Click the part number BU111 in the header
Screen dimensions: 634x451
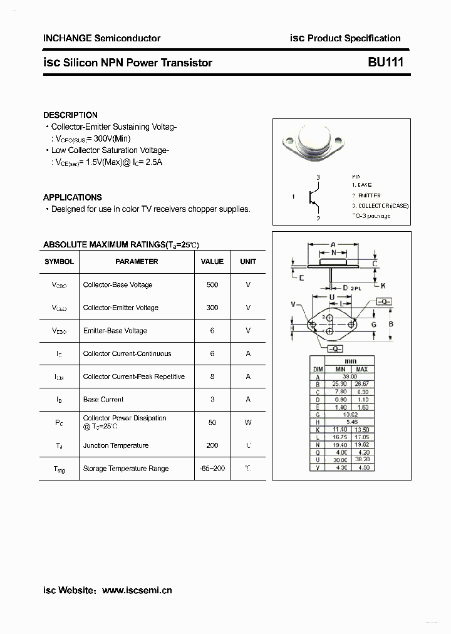click(386, 63)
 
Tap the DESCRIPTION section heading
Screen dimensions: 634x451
click(70, 115)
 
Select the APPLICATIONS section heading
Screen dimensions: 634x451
click(73, 197)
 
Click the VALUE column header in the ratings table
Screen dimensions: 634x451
click(212, 261)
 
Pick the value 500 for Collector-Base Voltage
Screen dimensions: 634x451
click(212, 285)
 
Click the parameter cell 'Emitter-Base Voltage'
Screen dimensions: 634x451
click(115, 331)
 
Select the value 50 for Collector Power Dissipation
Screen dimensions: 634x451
click(212, 422)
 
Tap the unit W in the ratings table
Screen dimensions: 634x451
click(248, 422)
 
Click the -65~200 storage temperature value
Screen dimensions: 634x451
click(212, 469)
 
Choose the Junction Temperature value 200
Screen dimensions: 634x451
click(212, 445)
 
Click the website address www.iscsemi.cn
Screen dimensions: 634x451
click(137, 590)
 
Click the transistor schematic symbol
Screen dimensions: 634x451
click(315, 198)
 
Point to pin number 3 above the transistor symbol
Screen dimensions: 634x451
click(318, 178)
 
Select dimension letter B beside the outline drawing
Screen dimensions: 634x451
click(390, 324)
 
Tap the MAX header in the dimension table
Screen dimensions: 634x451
click(361, 370)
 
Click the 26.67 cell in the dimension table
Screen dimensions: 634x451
click(361, 384)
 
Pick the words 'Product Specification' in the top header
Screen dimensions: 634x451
click(354, 38)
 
